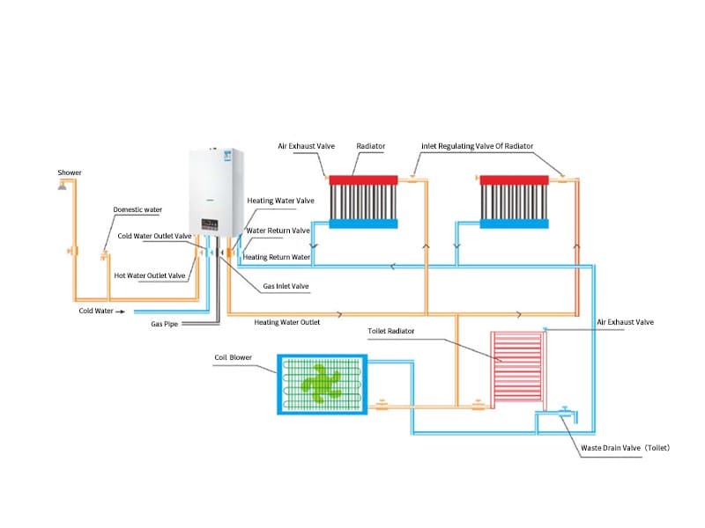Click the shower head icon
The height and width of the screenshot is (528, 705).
tap(63, 186)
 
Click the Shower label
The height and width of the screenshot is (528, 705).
tap(70, 172)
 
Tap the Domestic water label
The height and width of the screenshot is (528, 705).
tap(137, 209)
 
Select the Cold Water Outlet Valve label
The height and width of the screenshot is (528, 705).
tap(154, 236)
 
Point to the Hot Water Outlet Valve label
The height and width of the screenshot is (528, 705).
tap(150, 275)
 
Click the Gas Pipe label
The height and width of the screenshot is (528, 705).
tap(165, 324)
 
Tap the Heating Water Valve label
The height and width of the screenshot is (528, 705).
tap(280, 201)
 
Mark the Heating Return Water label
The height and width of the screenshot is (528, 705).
tap(277, 257)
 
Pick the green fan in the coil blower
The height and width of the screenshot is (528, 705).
tap(322, 384)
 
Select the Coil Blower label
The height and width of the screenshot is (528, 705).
tap(234, 358)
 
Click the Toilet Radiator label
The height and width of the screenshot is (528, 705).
tap(391, 331)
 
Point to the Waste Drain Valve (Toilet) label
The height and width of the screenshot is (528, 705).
tap(625, 448)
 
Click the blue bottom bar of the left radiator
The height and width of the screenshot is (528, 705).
tap(365, 224)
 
